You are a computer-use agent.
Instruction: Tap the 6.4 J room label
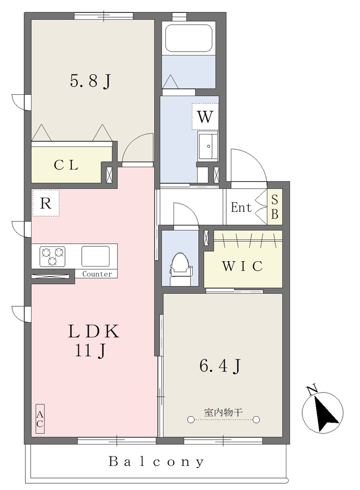[x=220, y=365]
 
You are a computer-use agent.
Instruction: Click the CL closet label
[x=66, y=165]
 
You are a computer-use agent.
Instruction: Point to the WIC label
[x=242, y=266]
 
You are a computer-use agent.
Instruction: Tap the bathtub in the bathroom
[x=189, y=38]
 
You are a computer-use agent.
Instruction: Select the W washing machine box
[x=205, y=116]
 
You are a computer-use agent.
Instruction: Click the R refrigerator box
[x=45, y=203]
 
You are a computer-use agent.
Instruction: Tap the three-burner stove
[x=53, y=256]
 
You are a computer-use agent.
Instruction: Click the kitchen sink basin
[x=96, y=256]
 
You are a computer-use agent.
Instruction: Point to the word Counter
[x=97, y=274]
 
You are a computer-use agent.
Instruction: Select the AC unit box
[x=40, y=419]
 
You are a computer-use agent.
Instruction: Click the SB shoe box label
[x=275, y=207]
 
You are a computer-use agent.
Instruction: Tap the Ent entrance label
[x=241, y=207]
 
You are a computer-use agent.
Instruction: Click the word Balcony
[x=156, y=462]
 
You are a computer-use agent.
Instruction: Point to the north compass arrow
[x=326, y=413]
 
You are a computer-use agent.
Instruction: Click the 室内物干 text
[x=223, y=412]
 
